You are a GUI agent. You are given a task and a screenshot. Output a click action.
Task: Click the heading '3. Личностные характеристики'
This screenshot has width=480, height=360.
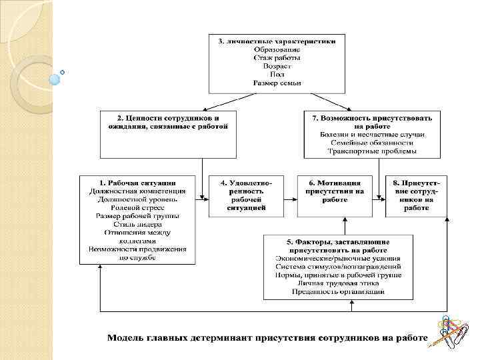[277, 41]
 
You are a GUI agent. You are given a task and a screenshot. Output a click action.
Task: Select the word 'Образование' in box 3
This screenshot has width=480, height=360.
[277, 49]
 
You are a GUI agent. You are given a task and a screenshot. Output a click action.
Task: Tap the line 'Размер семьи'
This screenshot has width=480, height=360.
[277, 83]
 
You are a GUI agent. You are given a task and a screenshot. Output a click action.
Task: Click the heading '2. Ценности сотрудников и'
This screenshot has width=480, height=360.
[163, 117]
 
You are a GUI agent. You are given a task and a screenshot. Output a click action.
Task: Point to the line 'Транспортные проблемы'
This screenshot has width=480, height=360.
[372, 151]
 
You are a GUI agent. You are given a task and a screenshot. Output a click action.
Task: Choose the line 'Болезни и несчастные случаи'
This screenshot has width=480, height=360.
[372, 134]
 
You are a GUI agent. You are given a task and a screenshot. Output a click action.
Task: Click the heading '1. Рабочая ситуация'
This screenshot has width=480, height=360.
[137, 182]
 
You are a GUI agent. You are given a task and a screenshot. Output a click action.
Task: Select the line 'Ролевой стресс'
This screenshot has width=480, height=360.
[137, 207]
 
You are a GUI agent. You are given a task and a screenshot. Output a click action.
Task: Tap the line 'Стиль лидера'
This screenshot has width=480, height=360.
[137, 224]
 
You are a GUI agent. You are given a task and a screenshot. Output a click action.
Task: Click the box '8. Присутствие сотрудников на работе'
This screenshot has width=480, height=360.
[416, 195]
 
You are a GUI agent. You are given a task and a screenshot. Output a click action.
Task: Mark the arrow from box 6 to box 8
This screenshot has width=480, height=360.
[379, 197]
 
